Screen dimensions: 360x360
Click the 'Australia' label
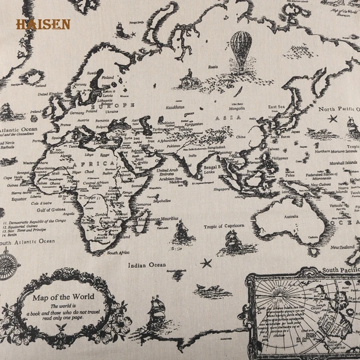pos(291,216)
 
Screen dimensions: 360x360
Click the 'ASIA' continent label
pos(232,118)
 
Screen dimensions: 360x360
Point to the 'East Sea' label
pos(277,106)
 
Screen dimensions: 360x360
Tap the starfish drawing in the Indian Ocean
pos(206,263)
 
